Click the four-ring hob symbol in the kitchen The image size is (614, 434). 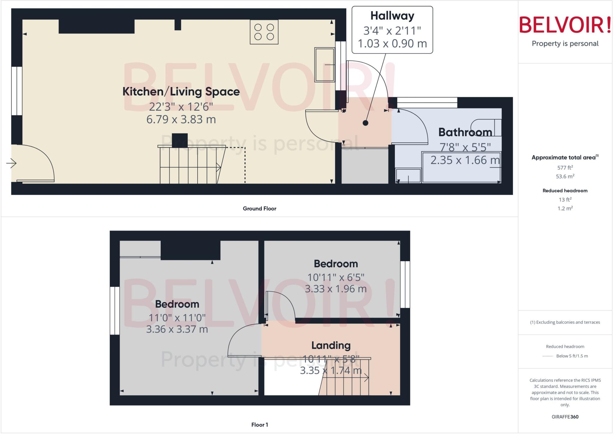tap(264, 32)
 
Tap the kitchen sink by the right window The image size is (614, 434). tap(324, 65)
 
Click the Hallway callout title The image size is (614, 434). tap(392, 16)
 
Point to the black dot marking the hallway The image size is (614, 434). tap(365, 123)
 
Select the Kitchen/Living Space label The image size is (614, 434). tap(181, 92)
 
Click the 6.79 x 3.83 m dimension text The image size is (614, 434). tap(181, 119)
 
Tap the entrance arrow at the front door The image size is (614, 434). tap(11, 163)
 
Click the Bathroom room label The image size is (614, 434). tap(465, 132)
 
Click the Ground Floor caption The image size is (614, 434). tap(259, 208)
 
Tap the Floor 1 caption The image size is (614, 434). tap(259, 425)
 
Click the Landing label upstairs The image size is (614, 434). tap(331, 346)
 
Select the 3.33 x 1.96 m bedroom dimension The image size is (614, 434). tap(335, 289)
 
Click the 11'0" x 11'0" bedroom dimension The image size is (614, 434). tap(177, 318)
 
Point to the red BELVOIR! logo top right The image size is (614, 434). tap(565, 25)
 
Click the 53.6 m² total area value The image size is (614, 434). tap(565, 176)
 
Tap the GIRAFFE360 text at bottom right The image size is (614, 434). tap(565, 417)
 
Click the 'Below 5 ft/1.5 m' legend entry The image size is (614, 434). tap(572, 356)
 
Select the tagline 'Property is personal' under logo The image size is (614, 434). tap(565, 44)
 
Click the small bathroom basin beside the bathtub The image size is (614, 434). tap(408, 176)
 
